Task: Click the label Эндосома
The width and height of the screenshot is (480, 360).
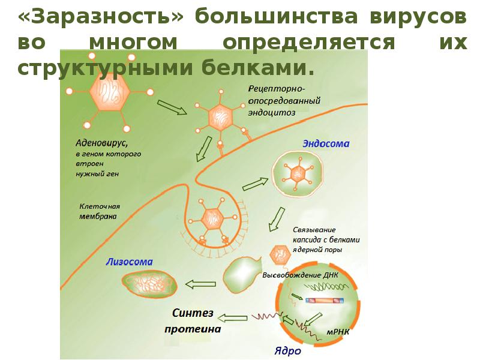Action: click(x=326, y=144)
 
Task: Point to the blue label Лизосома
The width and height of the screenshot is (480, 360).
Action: click(x=129, y=262)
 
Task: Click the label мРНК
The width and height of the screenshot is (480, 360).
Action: click(x=338, y=330)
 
